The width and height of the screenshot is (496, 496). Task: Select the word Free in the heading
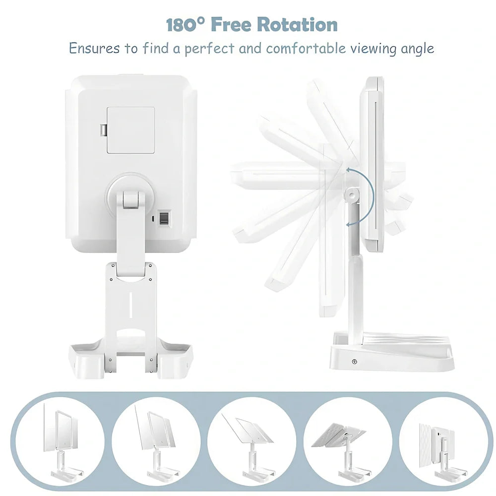pos(231,25)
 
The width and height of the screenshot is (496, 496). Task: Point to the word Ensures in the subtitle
pos(94,49)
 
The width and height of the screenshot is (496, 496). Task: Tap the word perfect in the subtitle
pos(210,49)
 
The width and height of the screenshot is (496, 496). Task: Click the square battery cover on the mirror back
pos(130,130)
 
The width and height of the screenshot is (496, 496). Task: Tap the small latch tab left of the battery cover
pos(103,130)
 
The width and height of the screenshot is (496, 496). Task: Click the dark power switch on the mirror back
pos(165,218)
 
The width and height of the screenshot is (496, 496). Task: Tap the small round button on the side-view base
pos(354,361)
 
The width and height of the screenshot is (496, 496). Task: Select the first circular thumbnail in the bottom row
pos(60,441)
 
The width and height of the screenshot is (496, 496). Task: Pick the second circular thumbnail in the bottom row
pos(156,441)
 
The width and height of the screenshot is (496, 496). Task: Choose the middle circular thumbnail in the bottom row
pos(252,441)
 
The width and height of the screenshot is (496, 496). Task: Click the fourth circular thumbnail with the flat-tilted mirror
pos(348,441)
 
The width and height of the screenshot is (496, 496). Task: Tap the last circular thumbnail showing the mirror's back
pos(443,441)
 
